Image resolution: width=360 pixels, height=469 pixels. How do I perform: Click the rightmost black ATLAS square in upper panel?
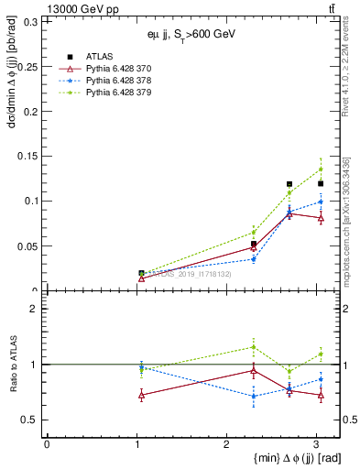321,183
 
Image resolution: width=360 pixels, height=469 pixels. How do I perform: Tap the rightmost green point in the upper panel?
321,169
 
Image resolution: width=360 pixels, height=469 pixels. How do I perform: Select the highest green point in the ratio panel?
254,347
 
